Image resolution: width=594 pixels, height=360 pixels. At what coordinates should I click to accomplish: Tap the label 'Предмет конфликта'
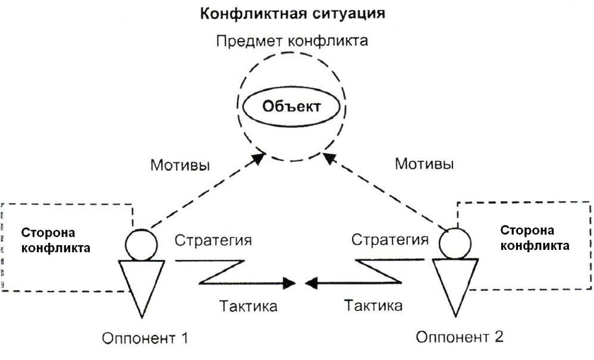click(292, 40)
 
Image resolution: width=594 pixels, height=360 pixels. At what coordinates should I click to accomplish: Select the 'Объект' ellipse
click(291, 107)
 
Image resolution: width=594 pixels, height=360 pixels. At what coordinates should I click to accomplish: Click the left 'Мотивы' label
click(180, 165)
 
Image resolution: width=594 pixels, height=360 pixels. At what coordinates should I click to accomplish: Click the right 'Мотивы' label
click(425, 164)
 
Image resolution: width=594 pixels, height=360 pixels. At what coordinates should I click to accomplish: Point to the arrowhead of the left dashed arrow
click(259, 159)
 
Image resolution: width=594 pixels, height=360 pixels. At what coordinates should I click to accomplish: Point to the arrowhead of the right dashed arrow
click(329, 158)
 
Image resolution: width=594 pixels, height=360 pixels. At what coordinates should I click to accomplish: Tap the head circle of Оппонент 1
click(142, 245)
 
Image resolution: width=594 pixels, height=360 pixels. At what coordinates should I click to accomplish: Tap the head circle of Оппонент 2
click(455, 243)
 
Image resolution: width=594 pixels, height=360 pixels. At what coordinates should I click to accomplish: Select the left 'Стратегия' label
click(213, 240)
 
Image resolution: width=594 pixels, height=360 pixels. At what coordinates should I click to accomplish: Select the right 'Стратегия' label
click(390, 239)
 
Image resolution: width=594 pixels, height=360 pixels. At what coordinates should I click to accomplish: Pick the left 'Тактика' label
click(248, 306)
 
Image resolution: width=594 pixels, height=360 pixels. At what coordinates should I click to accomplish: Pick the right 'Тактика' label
click(373, 305)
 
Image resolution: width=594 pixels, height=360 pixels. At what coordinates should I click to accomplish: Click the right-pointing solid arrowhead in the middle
click(290, 283)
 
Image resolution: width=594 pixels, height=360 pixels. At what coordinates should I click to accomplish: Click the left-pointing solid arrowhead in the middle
click(311, 283)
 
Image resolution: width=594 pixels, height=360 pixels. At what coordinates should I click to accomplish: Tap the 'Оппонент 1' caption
click(145, 338)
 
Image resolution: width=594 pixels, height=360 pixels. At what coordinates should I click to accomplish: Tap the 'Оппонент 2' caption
click(460, 337)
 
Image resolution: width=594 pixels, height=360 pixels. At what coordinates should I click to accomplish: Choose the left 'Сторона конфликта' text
click(56, 240)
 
